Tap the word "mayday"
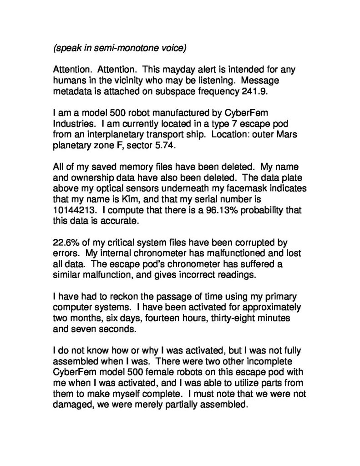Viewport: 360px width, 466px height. (181, 70)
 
